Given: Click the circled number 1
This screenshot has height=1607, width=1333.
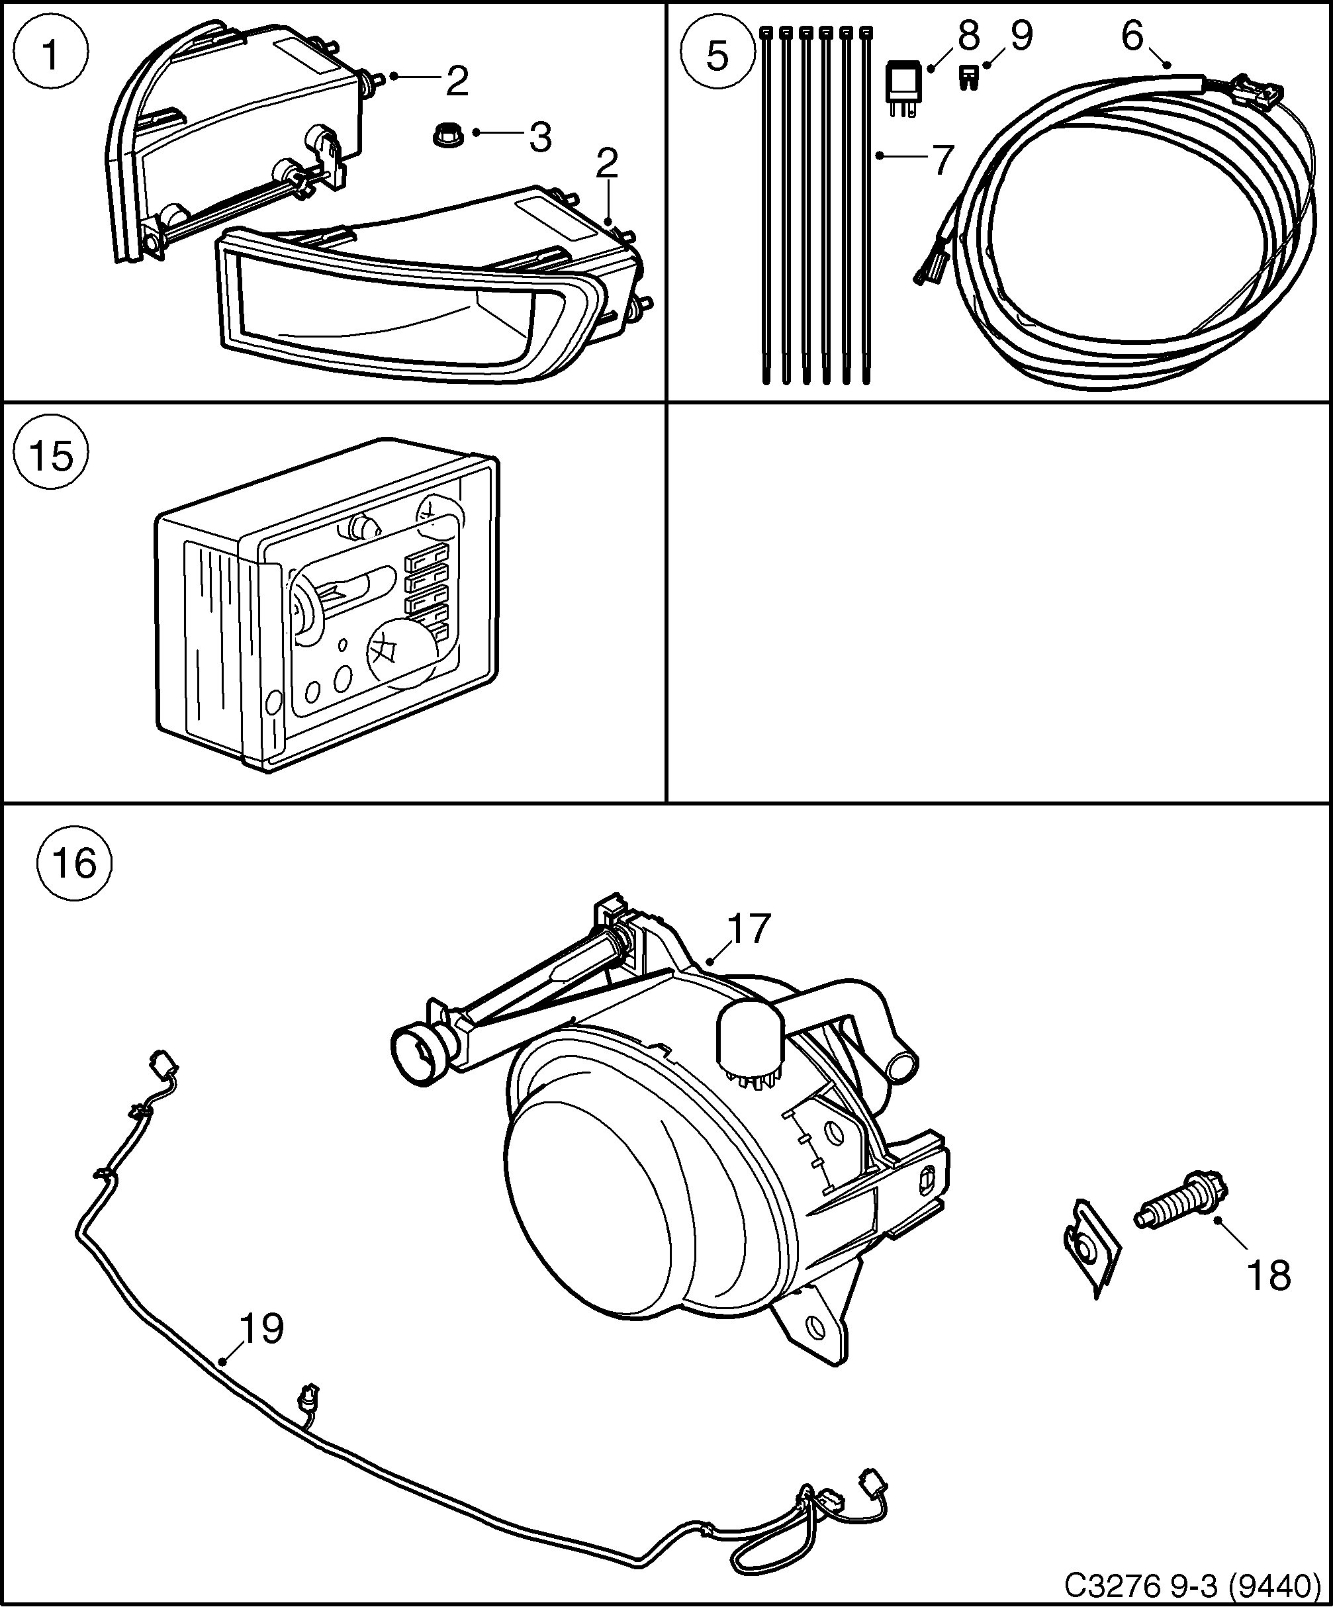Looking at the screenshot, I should click(x=51, y=55).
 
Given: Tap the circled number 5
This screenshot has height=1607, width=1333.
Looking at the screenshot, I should click(x=717, y=55).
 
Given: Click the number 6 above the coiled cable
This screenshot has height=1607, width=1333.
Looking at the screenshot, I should click(x=1132, y=36).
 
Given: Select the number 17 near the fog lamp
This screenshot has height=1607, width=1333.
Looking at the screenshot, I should click(x=749, y=929).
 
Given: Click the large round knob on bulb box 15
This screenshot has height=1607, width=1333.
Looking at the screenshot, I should click(x=404, y=652).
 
